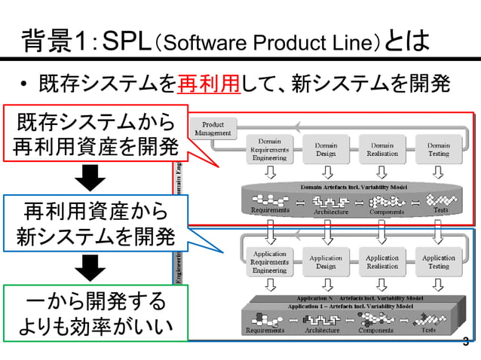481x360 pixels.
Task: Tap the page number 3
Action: [x=465, y=343]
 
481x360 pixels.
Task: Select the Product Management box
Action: [x=213, y=128]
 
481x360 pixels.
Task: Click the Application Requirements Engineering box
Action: [x=270, y=262]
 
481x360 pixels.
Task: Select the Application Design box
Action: [x=326, y=262]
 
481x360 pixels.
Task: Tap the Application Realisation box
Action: [x=382, y=262]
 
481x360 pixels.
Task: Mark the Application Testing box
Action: [x=438, y=262]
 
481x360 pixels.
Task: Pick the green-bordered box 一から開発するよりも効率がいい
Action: [x=93, y=314]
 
